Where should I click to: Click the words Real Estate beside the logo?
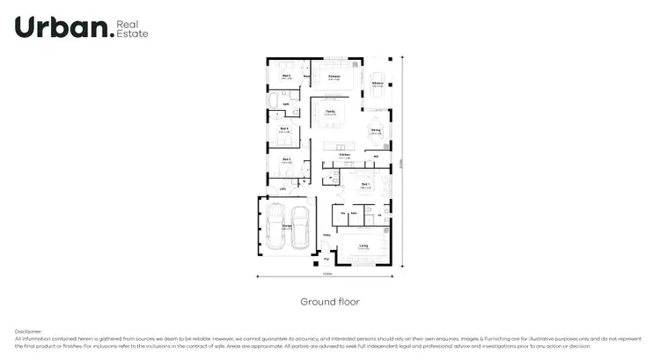(133, 27)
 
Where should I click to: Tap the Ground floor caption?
(329, 301)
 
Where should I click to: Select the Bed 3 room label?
(286, 77)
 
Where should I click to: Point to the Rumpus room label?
(334, 77)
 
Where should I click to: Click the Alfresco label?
(377, 83)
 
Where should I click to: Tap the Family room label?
(330, 112)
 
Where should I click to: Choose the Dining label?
(376, 131)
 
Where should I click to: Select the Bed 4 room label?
(284, 129)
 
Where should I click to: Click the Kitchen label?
(345, 155)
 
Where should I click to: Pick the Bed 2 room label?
(286, 159)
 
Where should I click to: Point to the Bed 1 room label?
(365, 185)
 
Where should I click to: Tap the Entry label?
(326, 235)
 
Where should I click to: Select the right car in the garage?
(299, 227)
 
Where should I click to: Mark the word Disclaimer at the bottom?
(28, 331)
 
